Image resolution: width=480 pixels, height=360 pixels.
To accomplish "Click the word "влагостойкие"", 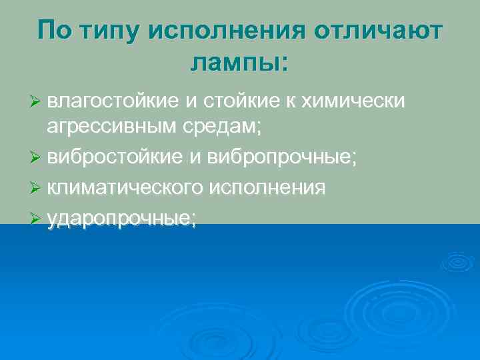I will click(113, 101).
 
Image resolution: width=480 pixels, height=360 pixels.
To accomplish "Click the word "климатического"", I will click(125, 189).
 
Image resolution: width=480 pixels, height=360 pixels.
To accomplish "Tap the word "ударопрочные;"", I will click(122, 218).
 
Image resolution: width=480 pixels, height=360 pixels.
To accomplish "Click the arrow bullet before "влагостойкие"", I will click(37, 102).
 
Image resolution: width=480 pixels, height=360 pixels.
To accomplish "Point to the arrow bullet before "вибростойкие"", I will click(37, 160).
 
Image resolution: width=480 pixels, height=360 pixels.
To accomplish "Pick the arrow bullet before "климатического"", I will click(37, 189).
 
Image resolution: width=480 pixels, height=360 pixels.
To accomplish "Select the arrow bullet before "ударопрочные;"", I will click(37, 219).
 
